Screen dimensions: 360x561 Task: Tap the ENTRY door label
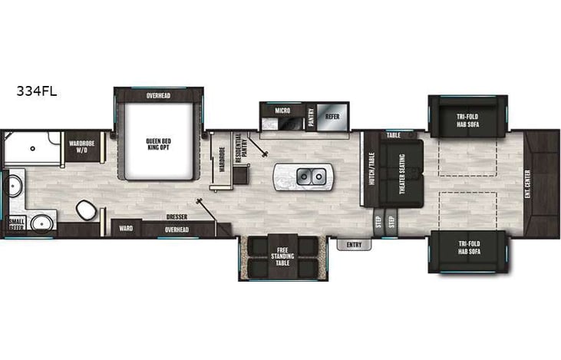click(x=354, y=245)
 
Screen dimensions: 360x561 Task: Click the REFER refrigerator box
click(x=332, y=116)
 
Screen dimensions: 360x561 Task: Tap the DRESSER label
click(x=177, y=217)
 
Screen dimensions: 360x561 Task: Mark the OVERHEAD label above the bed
click(x=160, y=96)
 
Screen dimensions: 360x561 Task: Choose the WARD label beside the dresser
click(x=127, y=228)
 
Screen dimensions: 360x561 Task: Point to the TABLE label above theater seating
click(x=394, y=134)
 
